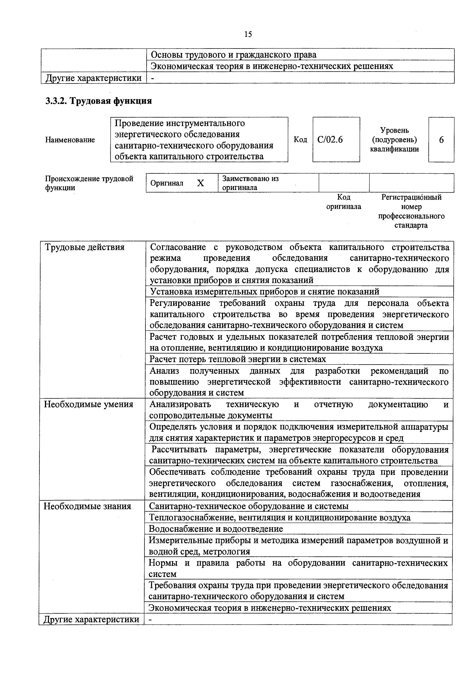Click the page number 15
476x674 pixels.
pyautogui.click(x=248, y=35)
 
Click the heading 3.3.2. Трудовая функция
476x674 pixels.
pyautogui.click(x=99, y=101)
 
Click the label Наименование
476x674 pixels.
pyautogui.click(x=70, y=140)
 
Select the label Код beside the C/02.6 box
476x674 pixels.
pyautogui.click(x=300, y=140)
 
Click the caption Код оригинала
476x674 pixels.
pyautogui.click(x=344, y=202)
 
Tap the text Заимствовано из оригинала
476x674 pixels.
pyautogui.click(x=250, y=183)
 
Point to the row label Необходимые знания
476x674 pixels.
pyautogui.click(x=87, y=506)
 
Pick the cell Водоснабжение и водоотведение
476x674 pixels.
pyautogui.click(x=216, y=529)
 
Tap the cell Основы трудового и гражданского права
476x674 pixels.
pyautogui.click(x=233, y=55)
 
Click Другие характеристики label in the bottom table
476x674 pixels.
pyautogui.click(x=91, y=619)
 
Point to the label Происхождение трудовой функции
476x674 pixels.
pyautogui.click(x=89, y=183)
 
